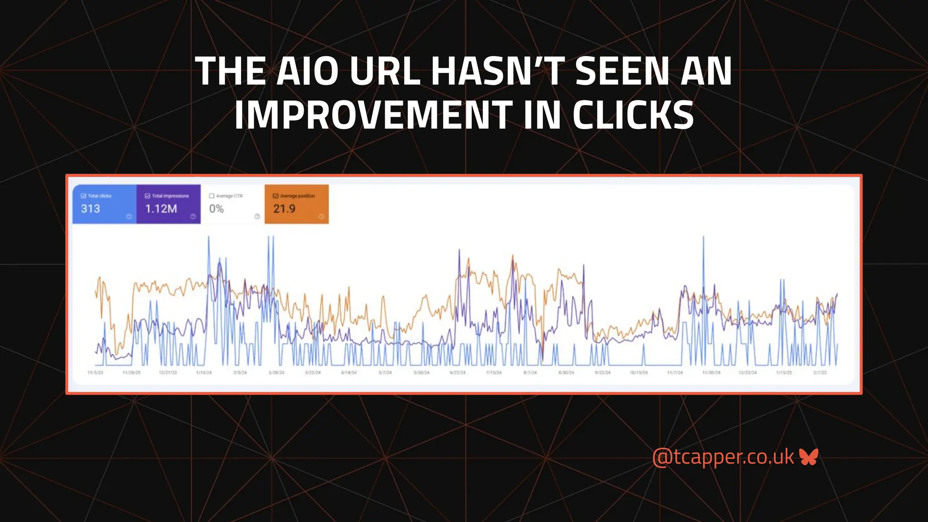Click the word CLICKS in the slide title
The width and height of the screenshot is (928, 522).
click(x=633, y=115)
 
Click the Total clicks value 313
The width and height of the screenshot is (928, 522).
click(x=90, y=209)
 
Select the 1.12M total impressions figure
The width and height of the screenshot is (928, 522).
click(x=161, y=209)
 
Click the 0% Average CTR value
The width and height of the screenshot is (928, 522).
click(x=216, y=209)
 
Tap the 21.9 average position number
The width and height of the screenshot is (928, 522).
click(x=284, y=209)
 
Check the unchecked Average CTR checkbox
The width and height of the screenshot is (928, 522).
click(x=212, y=196)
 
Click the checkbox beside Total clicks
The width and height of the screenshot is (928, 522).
click(x=83, y=196)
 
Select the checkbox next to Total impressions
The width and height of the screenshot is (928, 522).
click(x=148, y=196)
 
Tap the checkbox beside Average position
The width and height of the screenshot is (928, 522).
click(x=275, y=196)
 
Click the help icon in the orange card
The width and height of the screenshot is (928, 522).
click(x=321, y=217)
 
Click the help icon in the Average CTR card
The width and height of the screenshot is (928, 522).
click(x=257, y=217)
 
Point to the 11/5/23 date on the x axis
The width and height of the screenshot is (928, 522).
click(x=95, y=372)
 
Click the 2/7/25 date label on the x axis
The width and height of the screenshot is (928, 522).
click(x=820, y=372)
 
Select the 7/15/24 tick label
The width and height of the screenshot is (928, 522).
click(x=494, y=372)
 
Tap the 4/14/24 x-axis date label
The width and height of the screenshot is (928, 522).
click(x=348, y=372)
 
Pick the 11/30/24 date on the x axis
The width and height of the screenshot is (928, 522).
click(x=711, y=372)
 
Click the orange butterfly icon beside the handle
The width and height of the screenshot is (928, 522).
click(x=809, y=457)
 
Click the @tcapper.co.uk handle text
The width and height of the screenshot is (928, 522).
click(x=723, y=457)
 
